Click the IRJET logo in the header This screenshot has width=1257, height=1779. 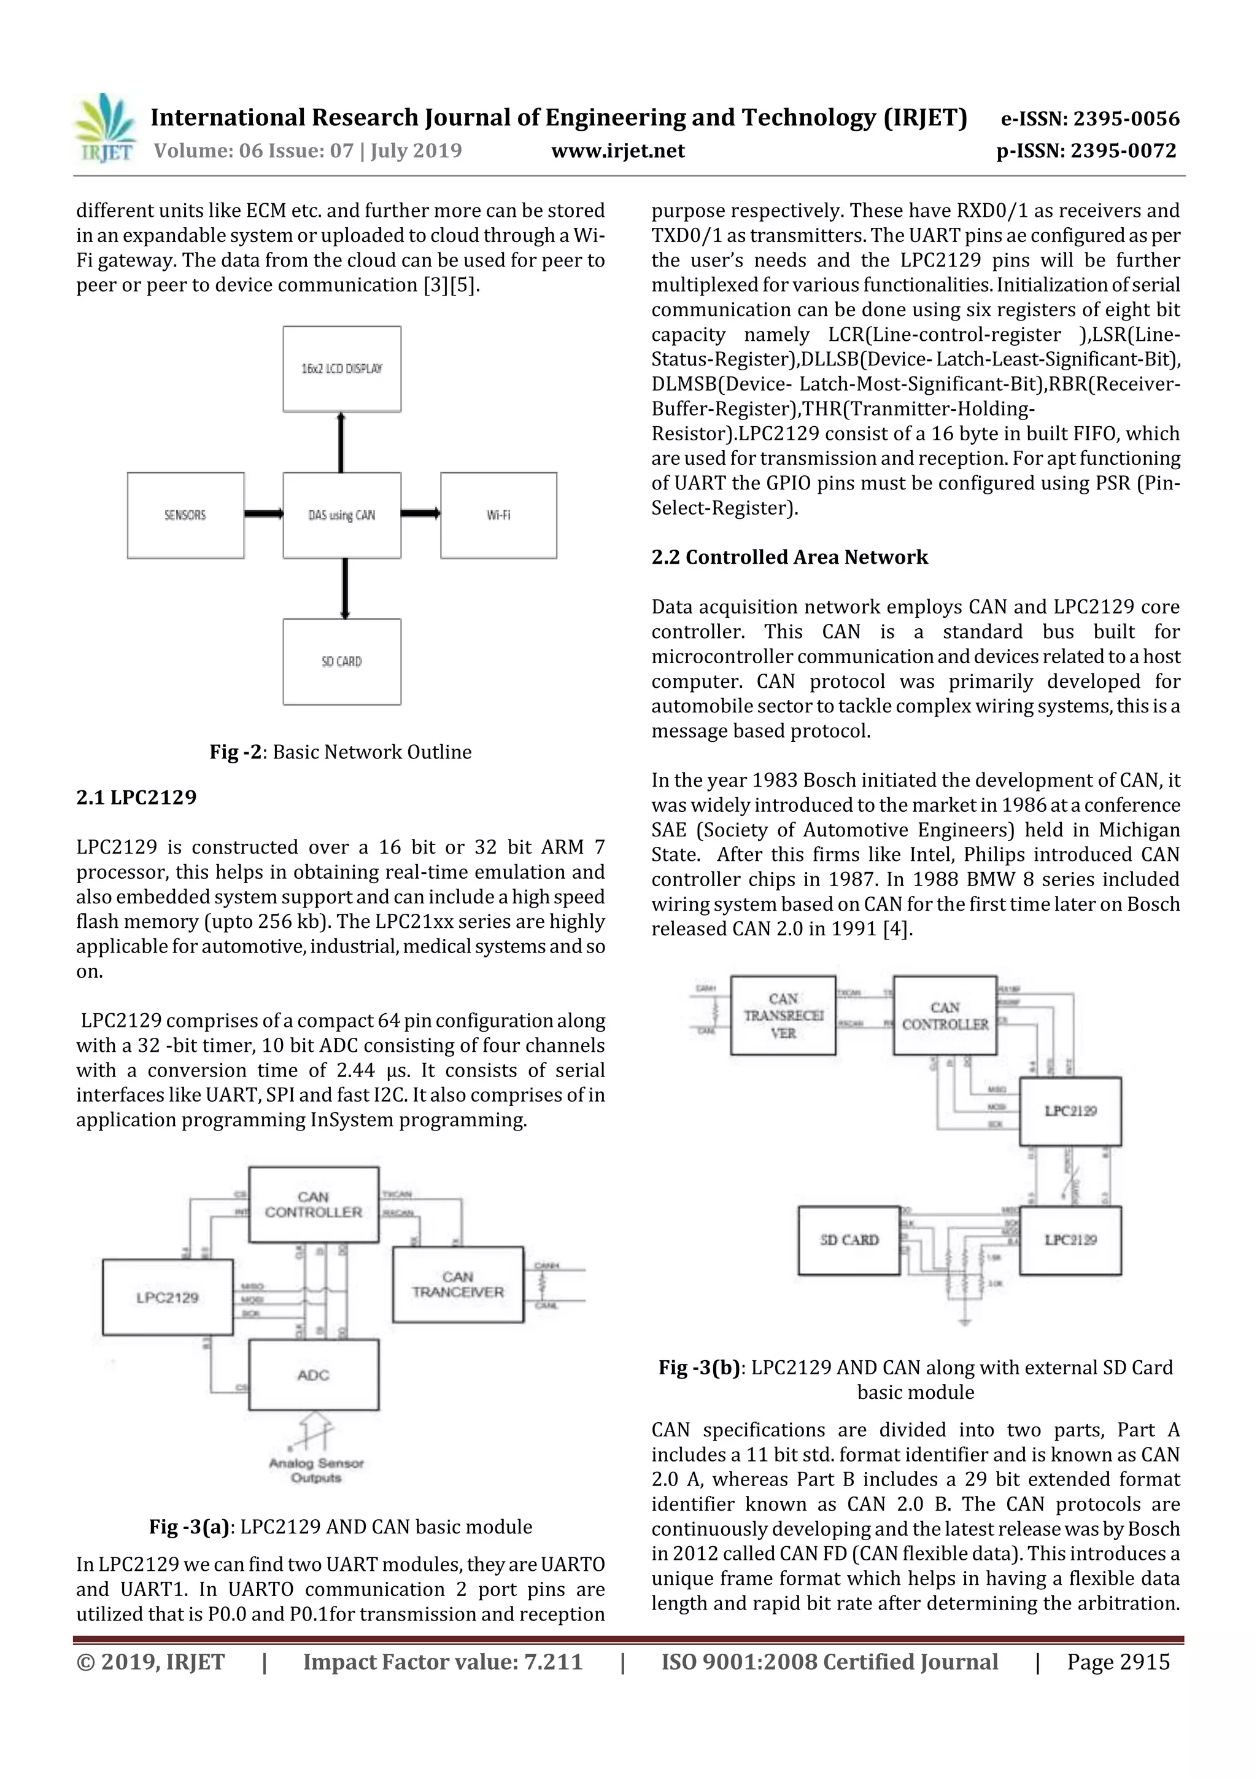[x=104, y=128]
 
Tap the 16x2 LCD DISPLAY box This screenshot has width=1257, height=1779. [x=341, y=369]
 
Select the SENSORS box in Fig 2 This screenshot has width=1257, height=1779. [x=185, y=515]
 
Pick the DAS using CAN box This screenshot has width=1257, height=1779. [x=341, y=515]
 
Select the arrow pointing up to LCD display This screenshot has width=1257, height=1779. [x=341, y=442]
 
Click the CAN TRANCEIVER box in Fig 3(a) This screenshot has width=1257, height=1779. [x=458, y=1285]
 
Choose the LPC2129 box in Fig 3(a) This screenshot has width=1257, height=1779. [x=168, y=1298]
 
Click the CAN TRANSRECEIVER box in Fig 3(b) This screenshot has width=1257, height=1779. [x=783, y=1016]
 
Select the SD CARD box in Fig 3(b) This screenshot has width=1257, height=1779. [x=849, y=1240]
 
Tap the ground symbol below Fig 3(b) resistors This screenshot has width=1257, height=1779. [x=964, y=1321]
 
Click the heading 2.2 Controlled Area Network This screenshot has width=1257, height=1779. [x=789, y=557]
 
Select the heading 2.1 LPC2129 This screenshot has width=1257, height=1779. [x=136, y=797]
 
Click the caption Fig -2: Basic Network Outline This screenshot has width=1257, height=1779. [x=340, y=752]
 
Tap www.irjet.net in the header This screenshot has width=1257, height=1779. [x=617, y=150]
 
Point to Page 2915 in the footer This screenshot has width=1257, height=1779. [x=1118, y=1662]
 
